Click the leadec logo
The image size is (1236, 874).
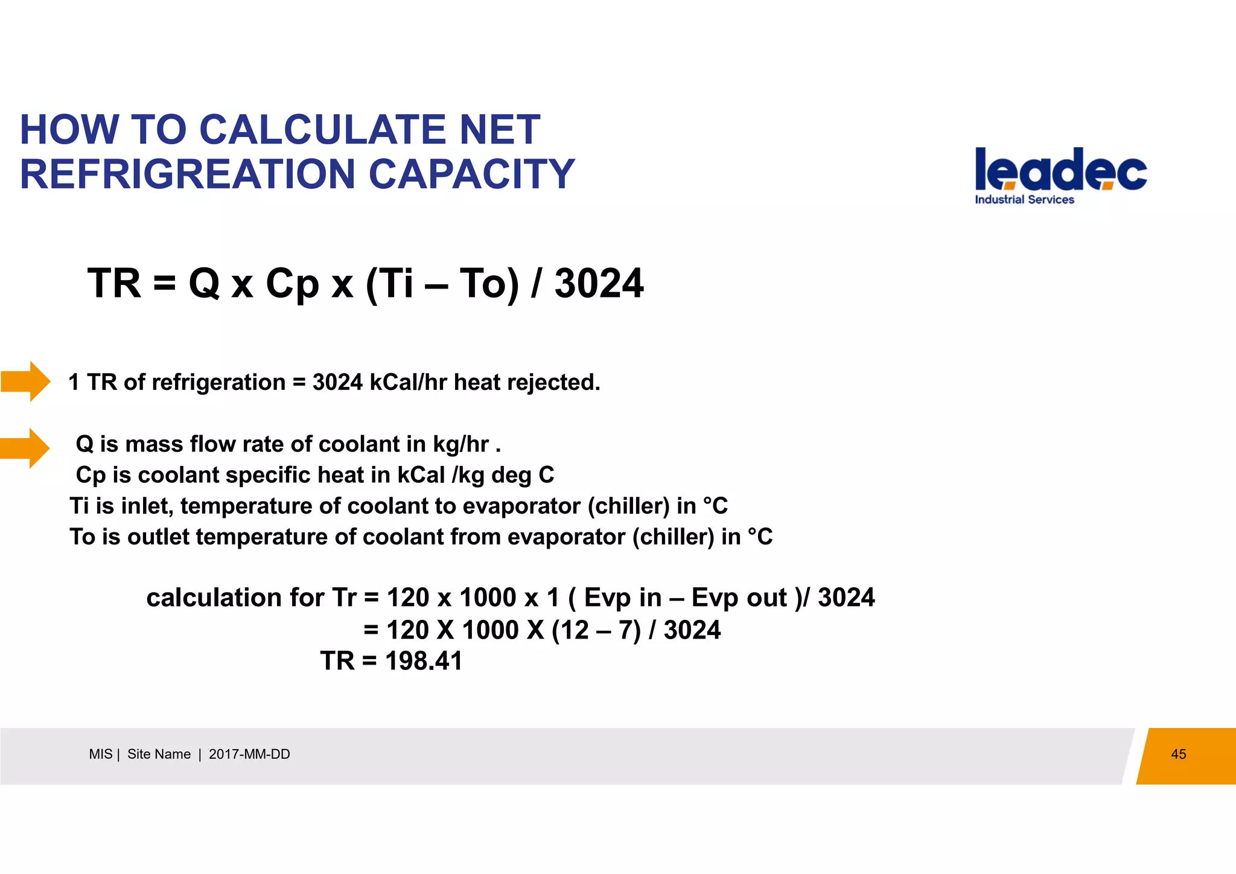1060,170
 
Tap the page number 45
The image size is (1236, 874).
1178,754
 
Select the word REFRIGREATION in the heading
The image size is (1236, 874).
188,174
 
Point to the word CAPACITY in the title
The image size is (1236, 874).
471,174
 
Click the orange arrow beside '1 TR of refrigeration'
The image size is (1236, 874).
26,381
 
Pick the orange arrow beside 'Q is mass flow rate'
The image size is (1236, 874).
25,448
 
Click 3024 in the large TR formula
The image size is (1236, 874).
599,284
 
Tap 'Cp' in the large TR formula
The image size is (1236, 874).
291,284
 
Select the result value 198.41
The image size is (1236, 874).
424,661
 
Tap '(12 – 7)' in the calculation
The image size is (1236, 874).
596,630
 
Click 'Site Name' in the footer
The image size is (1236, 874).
159,754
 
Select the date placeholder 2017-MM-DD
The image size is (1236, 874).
249,754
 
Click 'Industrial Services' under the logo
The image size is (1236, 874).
1024,200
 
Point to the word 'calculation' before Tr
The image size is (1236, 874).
214,598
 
